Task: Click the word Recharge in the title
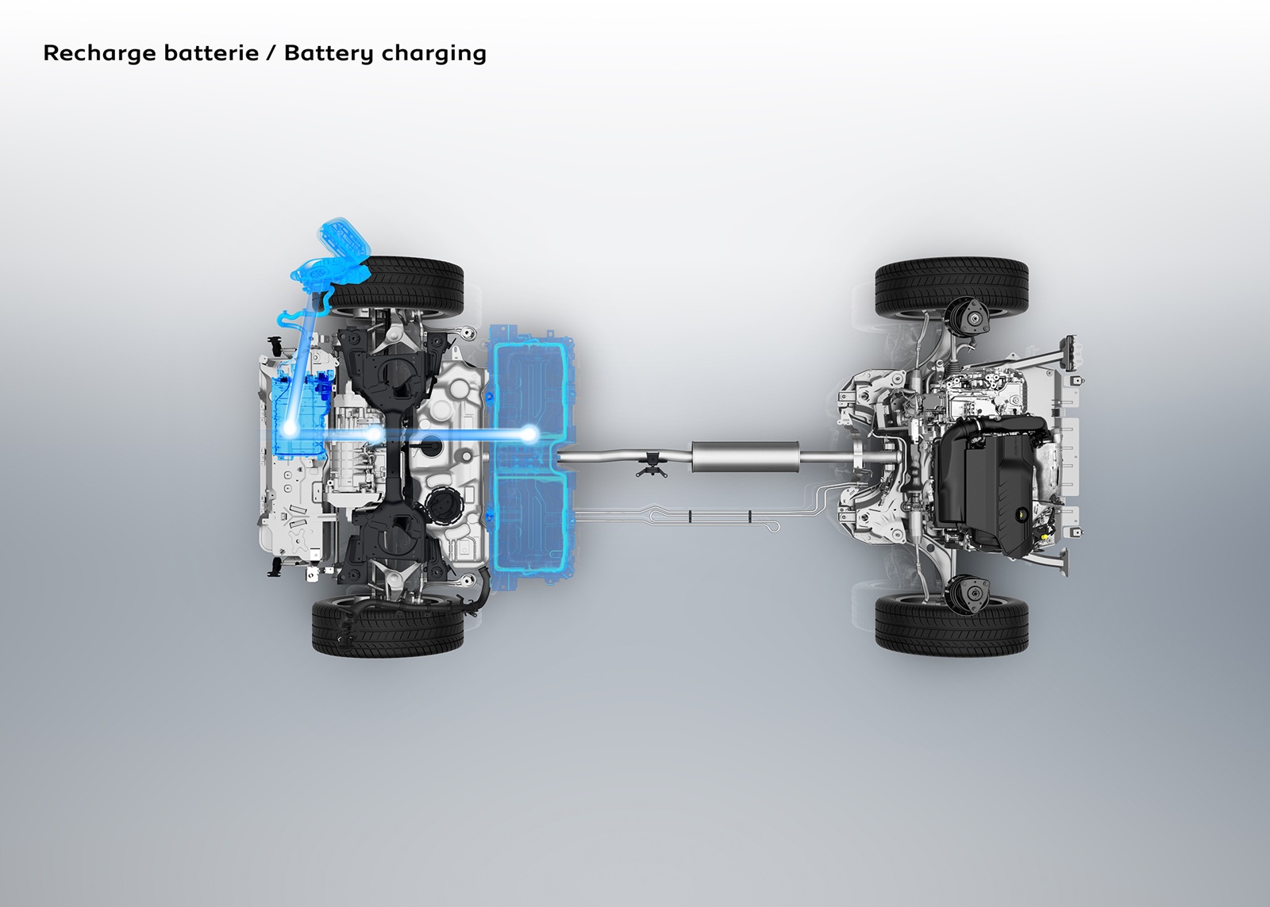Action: (x=100, y=53)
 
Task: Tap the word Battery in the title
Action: (x=329, y=53)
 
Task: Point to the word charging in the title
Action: (x=433, y=54)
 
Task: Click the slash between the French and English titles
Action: (x=271, y=52)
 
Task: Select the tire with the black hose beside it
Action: (x=388, y=627)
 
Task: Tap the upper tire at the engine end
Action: (x=952, y=288)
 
